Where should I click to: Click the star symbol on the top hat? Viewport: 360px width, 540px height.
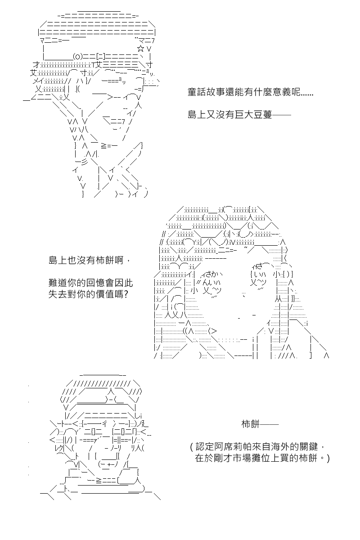point(140,49)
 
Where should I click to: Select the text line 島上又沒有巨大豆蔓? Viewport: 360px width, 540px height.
point(230,115)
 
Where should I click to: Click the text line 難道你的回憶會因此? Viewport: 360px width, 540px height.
point(90,283)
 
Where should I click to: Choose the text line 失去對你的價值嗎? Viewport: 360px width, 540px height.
point(88,294)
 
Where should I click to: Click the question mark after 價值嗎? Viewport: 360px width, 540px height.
point(126,294)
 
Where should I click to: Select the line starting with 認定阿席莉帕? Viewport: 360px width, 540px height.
point(258,447)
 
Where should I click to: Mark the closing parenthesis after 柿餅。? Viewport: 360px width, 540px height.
point(328,458)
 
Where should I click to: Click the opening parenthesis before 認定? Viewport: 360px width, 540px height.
point(192,447)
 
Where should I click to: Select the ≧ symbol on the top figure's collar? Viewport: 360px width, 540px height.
point(104,146)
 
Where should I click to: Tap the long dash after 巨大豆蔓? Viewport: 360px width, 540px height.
point(281,115)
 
